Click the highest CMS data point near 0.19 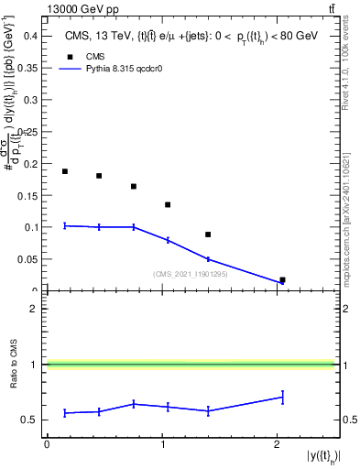click(x=65, y=171)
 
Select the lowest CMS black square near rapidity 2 click(x=282, y=280)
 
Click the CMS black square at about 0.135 click(x=168, y=204)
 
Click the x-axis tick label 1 click(x=162, y=444)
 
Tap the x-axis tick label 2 click(x=277, y=444)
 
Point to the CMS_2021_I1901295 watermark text click(x=190, y=273)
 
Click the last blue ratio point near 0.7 click(x=282, y=397)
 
